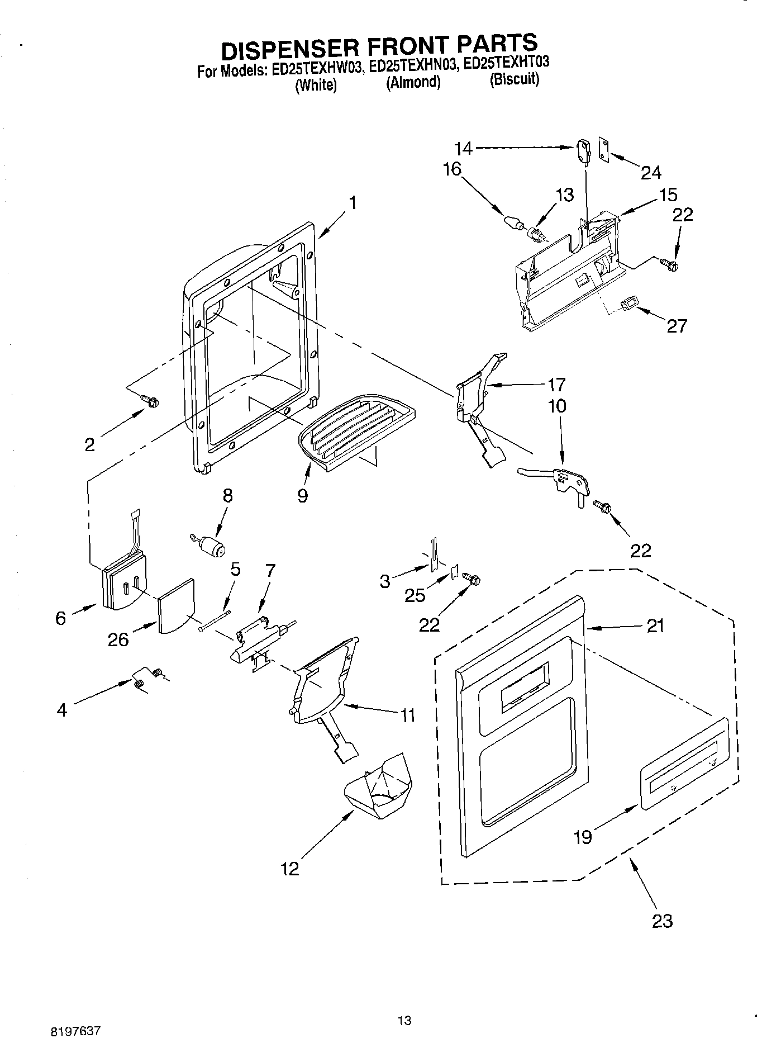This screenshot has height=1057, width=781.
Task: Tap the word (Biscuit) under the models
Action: pos(514,79)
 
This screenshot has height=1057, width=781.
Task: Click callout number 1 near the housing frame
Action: pos(352,202)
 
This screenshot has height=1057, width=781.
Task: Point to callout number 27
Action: pos(677,325)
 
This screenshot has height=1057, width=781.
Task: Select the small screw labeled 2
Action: pos(150,400)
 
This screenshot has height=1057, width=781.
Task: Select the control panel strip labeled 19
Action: pos(684,764)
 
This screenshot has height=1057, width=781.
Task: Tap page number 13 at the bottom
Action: pos(404,1020)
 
